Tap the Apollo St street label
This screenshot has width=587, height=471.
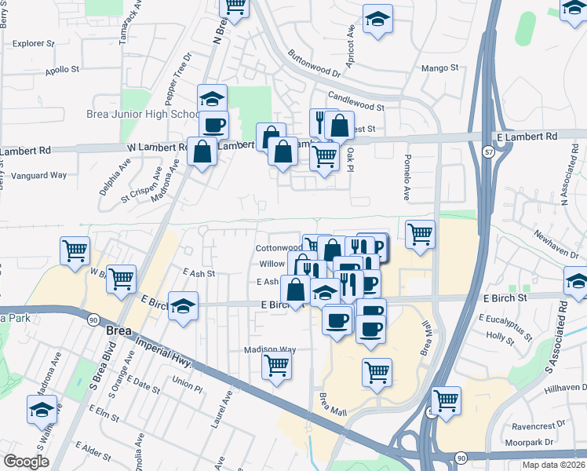point(63,70)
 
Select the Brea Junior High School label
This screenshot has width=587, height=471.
point(142,114)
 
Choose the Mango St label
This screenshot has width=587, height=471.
point(440,68)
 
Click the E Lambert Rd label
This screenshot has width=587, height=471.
point(530,136)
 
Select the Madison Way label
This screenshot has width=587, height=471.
point(270,349)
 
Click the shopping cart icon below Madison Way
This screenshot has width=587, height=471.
point(277,365)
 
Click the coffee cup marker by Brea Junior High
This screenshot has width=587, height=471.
point(213,123)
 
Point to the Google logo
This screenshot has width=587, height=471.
point(27,462)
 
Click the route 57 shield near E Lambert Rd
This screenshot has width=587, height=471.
point(488,152)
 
